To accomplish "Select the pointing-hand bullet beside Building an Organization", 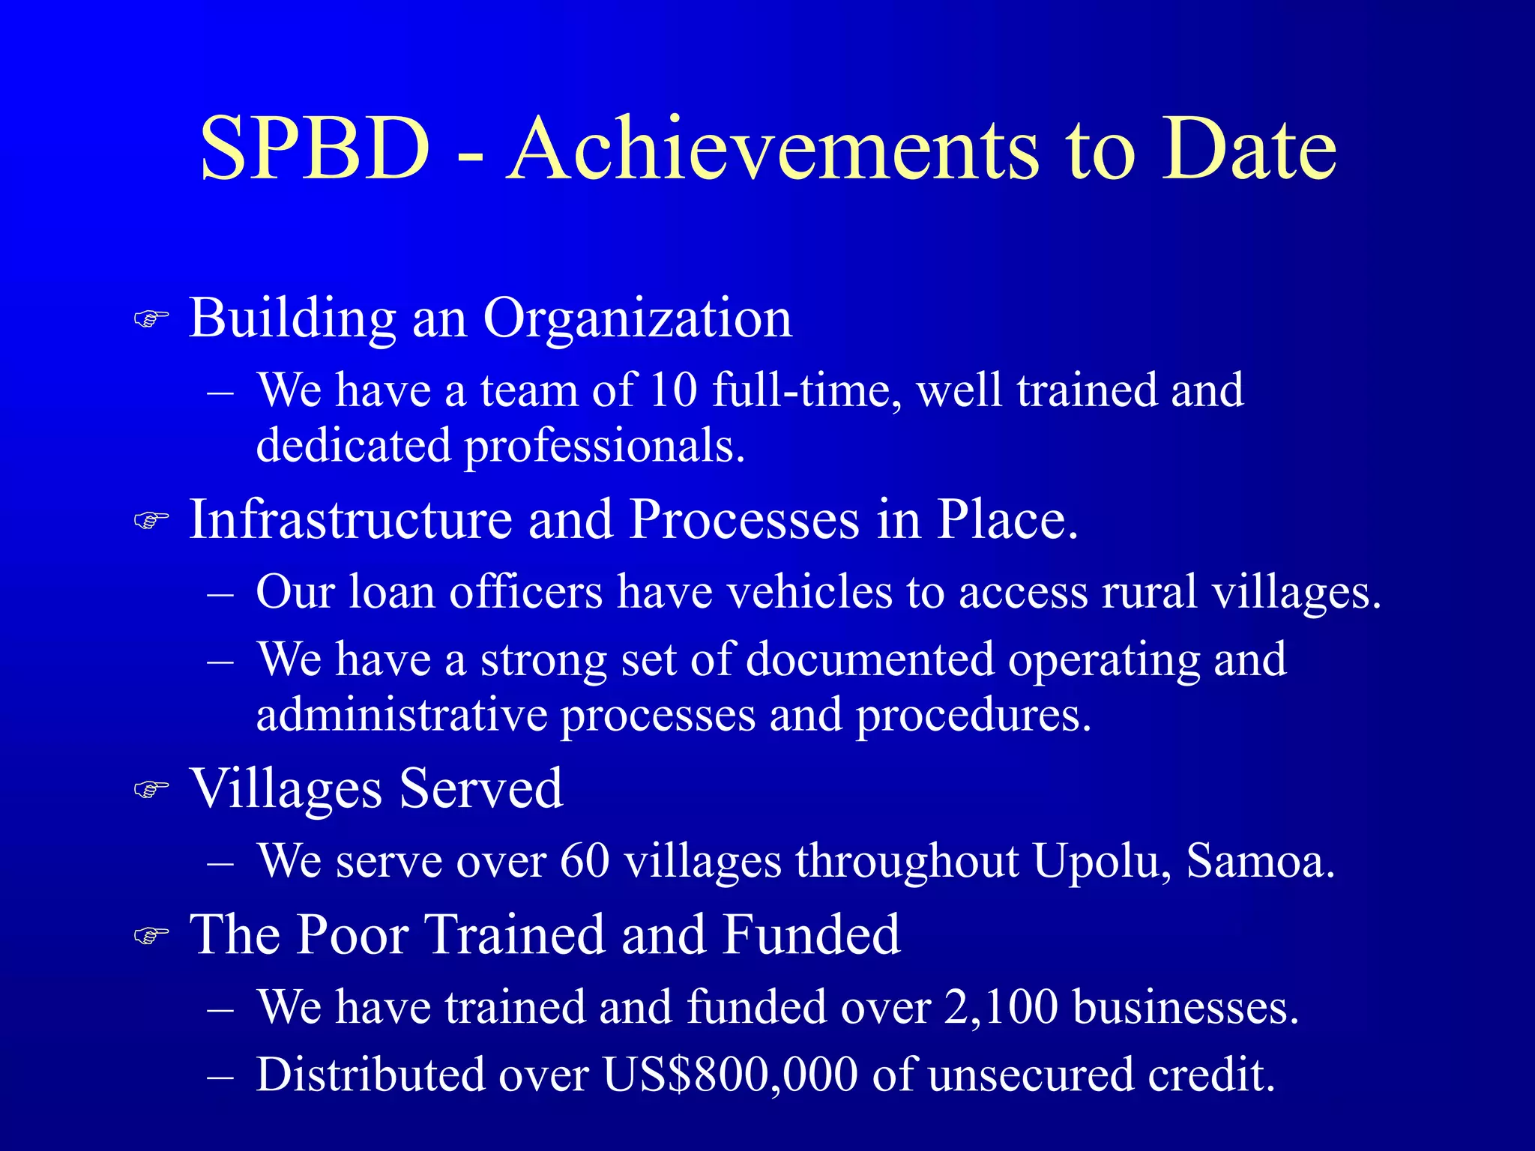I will click(151, 318).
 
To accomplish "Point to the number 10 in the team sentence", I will click(673, 390).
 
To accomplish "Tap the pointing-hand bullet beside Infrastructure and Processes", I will click(151, 519).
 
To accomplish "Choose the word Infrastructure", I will click(350, 519).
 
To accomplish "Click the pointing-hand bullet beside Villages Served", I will click(151, 789).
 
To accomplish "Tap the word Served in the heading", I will click(480, 788).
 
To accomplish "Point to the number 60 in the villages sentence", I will click(585, 861).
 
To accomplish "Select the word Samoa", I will click(1260, 861).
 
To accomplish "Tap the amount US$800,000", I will click(730, 1075).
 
